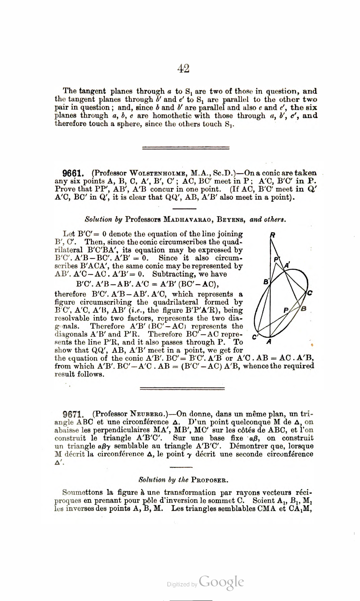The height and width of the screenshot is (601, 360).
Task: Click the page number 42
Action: click(x=183, y=69)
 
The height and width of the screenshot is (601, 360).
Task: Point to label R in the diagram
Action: click(x=273, y=235)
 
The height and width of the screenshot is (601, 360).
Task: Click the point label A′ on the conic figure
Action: click(x=287, y=265)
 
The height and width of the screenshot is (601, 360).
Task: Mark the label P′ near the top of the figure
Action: click(x=277, y=259)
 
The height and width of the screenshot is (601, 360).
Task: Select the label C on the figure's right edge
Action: click(x=309, y=293)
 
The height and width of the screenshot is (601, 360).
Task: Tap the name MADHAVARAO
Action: click(x=187, y=220)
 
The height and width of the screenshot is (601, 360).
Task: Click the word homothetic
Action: click(x=173, y=116)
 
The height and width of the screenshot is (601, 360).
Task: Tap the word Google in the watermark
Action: click(x=221, y=582)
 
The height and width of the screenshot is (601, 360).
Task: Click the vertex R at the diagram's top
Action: click(x=271, y=239)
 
